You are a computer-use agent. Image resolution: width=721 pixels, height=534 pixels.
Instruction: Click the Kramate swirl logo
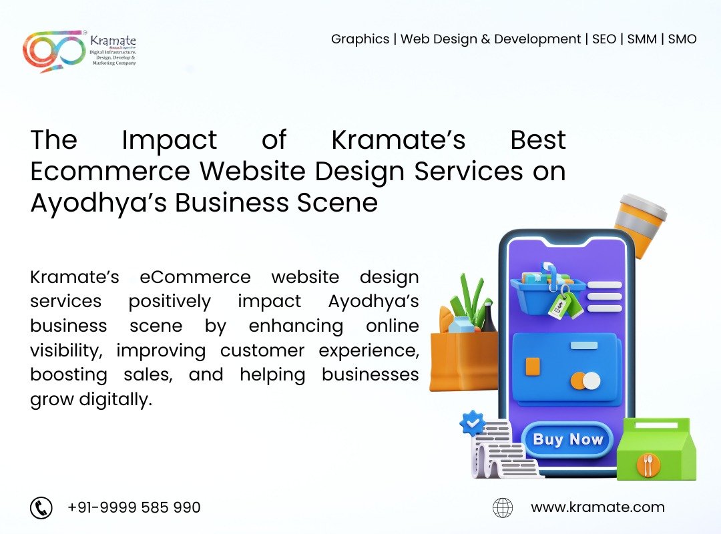pyautogui.click(x=54, y=51)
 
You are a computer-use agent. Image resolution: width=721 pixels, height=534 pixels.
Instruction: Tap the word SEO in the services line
pyautogui.click(x=604, y=39)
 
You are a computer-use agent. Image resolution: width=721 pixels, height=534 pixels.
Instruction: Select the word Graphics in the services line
pyautogui.click(x=360, y=39)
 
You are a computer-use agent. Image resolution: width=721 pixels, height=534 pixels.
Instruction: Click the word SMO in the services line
pyautogui.click(x=682, y=39)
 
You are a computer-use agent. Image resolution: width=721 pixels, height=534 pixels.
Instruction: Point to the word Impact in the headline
pyautogui.click(x=169, y=141)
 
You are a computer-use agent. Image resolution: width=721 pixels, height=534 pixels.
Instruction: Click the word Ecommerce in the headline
pyautogui.click(x=110, y=171)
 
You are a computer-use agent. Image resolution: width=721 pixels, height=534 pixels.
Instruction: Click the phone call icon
pyautogui.click(x=41, y=508)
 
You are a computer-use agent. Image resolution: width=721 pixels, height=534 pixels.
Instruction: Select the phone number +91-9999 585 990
pyautogui.click(x=134, y=507)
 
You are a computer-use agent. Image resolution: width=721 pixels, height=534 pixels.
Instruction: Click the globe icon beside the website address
pyautogui.click(x=503, y=508)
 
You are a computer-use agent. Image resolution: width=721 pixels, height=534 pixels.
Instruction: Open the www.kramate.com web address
pyautogui.click(x=597, y=507)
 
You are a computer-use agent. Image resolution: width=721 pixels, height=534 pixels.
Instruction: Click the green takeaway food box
pyautogui.click(x=656, y=449)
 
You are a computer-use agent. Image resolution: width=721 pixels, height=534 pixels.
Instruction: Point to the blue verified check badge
pyautogui.click(x=472, y=423)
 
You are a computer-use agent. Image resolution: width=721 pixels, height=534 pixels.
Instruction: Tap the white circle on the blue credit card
pyautogui.click(x=591, y=381)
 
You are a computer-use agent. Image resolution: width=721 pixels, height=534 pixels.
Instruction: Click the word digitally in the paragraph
pyautogui.click(x=115, y=398)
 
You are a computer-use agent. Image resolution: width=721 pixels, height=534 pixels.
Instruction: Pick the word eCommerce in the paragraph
pyautogui.click(x=195, y=277)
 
